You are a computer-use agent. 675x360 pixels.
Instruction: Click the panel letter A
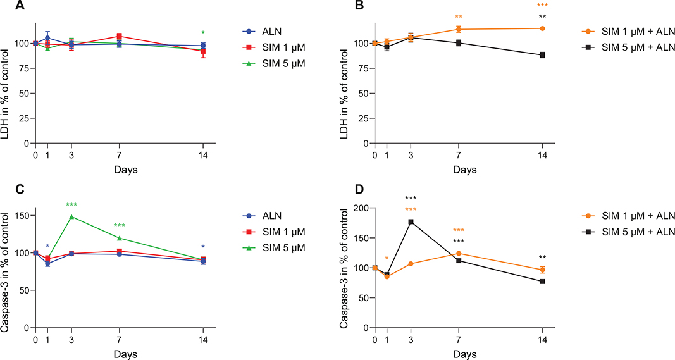(x=6, y=6)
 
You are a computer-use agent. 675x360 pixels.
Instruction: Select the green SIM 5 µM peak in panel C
(x=71, y=216)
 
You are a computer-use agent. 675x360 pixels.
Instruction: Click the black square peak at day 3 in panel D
(x=411, y=221)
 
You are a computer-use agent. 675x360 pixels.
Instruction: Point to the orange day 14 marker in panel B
(x=542, y=28)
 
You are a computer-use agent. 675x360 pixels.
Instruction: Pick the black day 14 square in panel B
(x=542, y=55)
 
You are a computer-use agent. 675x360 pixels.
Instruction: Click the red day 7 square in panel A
(x=118, y=36)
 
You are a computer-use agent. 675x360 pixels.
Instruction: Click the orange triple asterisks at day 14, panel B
(x=542, y=6)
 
